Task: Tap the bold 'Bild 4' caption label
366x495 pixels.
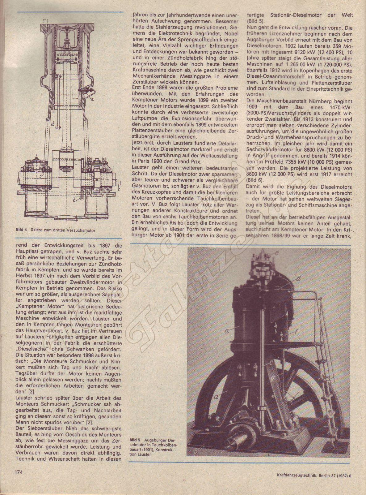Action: [22, 230]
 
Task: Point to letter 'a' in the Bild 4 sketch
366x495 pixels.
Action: [93, 100]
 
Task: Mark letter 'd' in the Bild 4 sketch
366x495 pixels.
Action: [53, 124]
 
